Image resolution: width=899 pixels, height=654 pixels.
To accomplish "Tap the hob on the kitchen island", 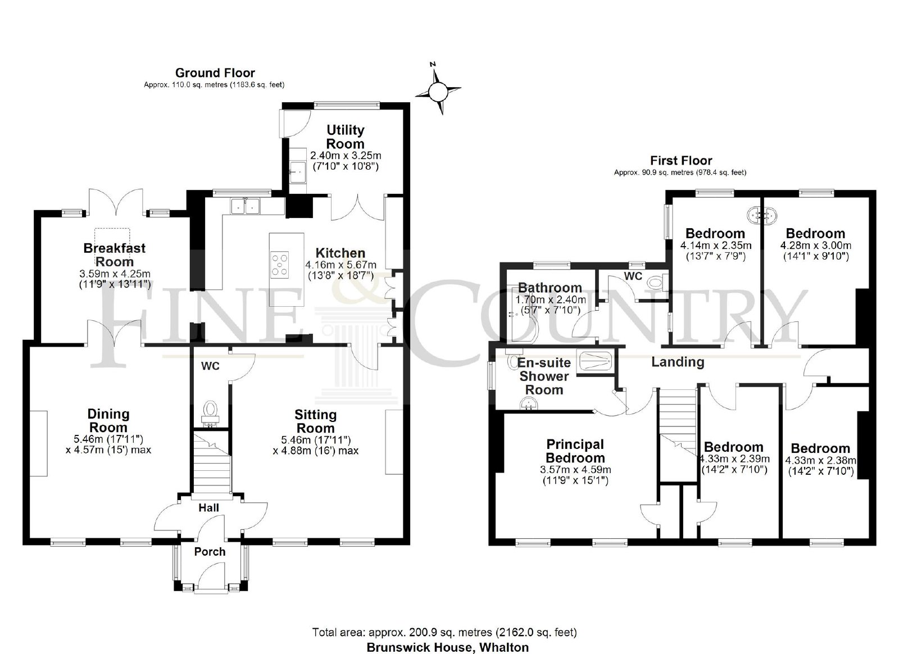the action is [279, 264].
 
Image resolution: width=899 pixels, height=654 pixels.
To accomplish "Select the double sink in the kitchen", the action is [245, 206].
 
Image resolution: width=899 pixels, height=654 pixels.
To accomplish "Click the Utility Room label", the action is [345, 137].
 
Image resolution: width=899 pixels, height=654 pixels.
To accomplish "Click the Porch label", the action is [210, 552].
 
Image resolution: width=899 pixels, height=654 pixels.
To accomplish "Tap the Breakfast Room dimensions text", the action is [115, 279].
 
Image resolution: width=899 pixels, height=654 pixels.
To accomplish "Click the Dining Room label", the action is [108, 420].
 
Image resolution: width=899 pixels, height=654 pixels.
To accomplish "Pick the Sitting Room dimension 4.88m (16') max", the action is [315, 451].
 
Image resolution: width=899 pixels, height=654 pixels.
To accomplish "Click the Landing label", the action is [678, 362].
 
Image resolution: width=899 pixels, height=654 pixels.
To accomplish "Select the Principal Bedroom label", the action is [575, 451].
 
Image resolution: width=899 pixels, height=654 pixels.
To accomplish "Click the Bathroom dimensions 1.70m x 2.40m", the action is [550, 299].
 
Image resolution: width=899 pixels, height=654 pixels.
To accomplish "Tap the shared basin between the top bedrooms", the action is [762, 215].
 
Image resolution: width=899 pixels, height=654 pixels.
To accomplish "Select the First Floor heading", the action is [680, 161].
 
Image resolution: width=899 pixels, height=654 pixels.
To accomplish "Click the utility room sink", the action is [298, 172].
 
